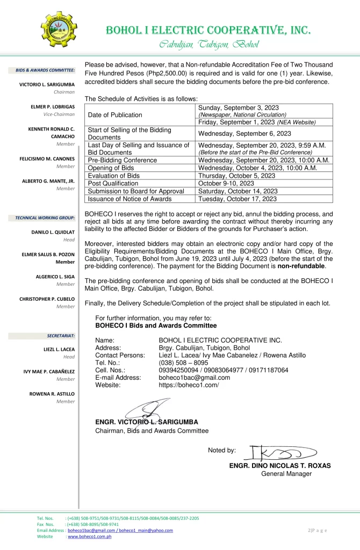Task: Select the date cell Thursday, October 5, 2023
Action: pos(236,176)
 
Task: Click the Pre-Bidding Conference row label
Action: pos(122,160)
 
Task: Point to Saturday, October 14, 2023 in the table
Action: pos(237,191)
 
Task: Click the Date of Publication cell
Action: pos(115,114)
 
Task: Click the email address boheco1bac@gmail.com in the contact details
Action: pos(195,378)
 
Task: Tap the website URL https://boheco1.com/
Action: pos(189,385)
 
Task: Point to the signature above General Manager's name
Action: pos(279,453)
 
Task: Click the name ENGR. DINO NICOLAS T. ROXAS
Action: pos(280,466)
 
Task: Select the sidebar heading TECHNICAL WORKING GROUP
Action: pos(45,218)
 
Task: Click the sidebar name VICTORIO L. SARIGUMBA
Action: pos(47,84)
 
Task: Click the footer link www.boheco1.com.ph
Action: pos(89,537)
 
